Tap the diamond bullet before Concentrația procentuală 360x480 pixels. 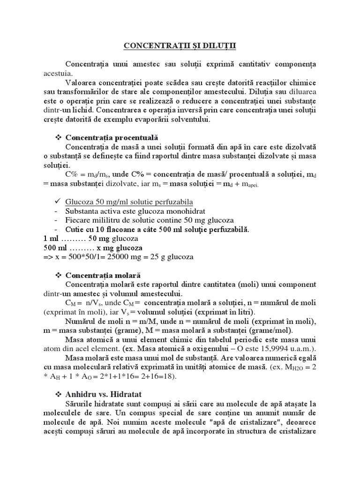(x=59, y=137)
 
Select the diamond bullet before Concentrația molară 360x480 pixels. (x=59, y=275)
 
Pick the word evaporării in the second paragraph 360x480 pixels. (x=161, y=120)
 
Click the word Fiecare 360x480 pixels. (x=77, y=220)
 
